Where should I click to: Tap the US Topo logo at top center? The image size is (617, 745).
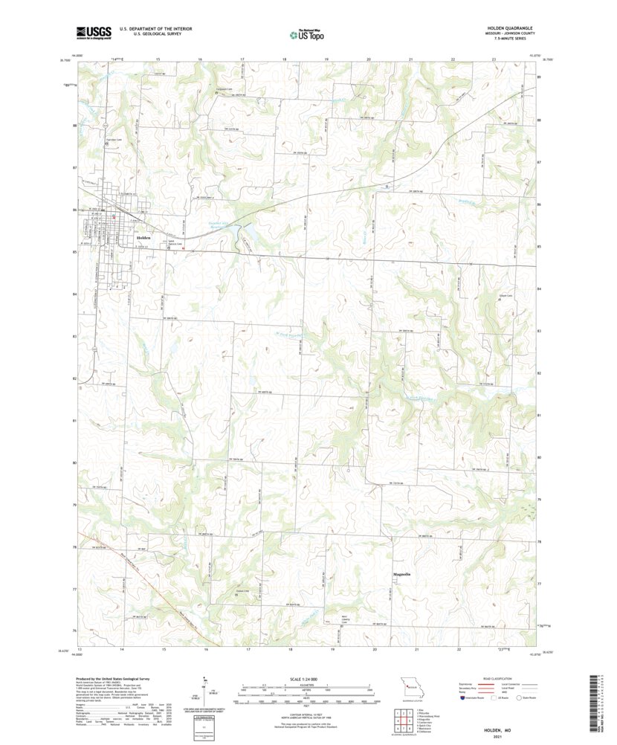coord(307,33)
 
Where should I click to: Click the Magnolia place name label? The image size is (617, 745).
coord(401,575)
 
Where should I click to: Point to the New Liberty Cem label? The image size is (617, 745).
coord(344,619)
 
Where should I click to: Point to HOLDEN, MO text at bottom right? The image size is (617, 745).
coord(494,732)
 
